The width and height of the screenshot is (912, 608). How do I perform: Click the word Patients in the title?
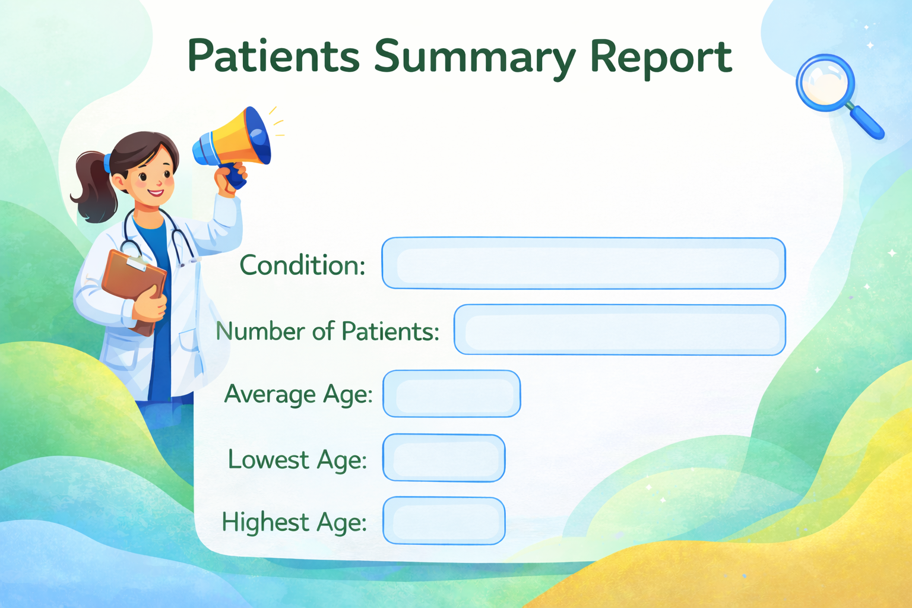click(x=274, y=55)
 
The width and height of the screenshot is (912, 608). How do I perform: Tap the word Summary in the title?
click(x=475, y=58)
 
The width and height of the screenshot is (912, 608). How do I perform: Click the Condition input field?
click(x=584, y=263)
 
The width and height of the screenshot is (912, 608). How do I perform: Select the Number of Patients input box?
click(x=620, y=330)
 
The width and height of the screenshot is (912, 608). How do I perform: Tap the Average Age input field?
click(x=451, y=394)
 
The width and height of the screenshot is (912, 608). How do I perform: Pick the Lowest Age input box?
click(x=444, y=458)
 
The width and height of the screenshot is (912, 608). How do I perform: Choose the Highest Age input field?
click(x=444, y=521)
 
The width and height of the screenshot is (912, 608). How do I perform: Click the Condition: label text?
click(x=302, y=265)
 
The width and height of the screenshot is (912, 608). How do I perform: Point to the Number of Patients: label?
click(x=327, y=331)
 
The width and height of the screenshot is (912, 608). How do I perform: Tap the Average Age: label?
click(x=299, y=395)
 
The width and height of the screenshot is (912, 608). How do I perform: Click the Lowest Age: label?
click(x=297, y=460)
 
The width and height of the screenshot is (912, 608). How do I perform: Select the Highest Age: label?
click(x=294, y=522)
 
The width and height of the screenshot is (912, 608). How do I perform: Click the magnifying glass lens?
click(x=825, y=83)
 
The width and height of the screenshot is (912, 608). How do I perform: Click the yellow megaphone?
click(x=233, y=142)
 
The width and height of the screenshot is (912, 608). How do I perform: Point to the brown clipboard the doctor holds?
click(x=134, y=290)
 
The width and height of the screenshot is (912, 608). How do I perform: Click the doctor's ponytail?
click(x=94, y=187)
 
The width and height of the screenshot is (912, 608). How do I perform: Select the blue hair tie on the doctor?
click(x=107, y=163)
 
